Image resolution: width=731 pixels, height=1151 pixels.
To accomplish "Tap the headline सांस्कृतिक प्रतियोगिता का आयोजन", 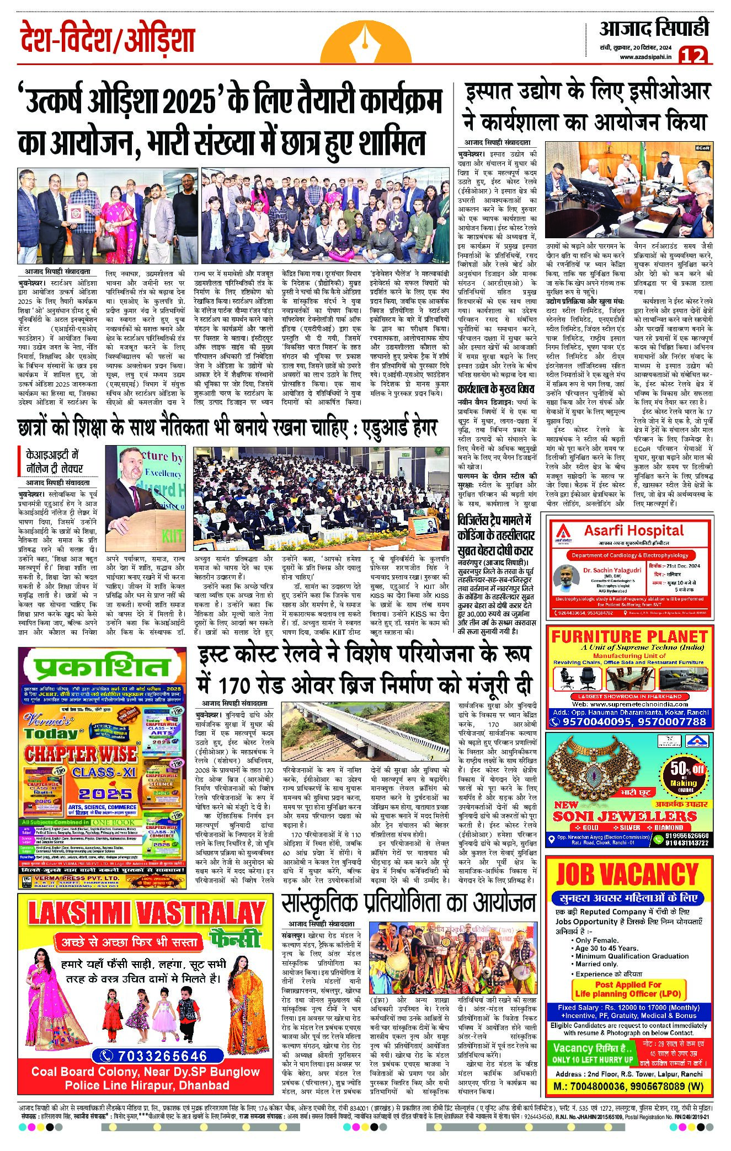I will [408, 903].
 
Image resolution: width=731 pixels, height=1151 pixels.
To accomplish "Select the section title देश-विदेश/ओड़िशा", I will [107, 41].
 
